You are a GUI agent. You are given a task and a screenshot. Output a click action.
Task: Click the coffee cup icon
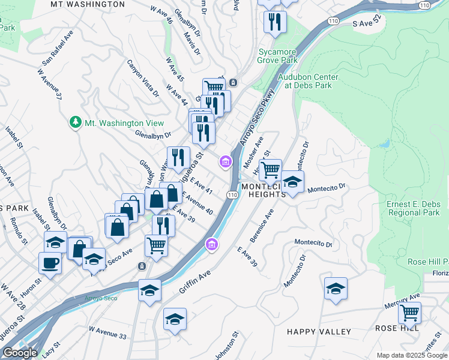pos(50,262)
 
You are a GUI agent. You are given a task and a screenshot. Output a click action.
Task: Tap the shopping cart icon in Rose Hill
pos(409,312)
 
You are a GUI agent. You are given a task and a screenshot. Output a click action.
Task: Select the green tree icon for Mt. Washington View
pos(76,122)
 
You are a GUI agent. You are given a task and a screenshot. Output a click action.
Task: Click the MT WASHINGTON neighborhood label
pos(88,4)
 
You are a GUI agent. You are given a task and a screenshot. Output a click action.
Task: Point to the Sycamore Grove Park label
pos(277,56)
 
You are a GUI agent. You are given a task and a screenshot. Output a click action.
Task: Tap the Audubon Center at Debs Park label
pos(307,81)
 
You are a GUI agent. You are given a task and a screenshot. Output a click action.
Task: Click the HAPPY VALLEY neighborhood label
pos(319,332)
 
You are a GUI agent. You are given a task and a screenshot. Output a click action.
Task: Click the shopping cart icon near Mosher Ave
pos(270,169)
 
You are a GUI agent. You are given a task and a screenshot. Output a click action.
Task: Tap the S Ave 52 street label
pos(367,23)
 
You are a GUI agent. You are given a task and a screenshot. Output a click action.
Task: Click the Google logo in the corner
pos(20,353)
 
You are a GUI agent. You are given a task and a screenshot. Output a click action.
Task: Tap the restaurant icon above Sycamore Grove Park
pos(275,22)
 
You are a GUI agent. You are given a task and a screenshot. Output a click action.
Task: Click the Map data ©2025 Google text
pos(411,355)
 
